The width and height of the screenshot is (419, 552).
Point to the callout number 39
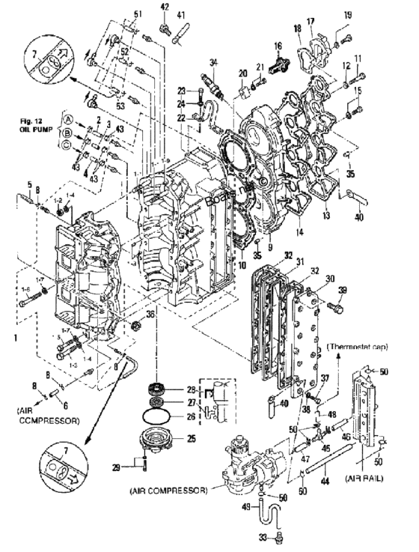[x=343, y=291]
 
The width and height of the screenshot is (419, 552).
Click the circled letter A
[x=68, y=119]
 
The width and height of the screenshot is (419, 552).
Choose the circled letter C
[x=68, y=145]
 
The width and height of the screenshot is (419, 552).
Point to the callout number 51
[x=137, y=14]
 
